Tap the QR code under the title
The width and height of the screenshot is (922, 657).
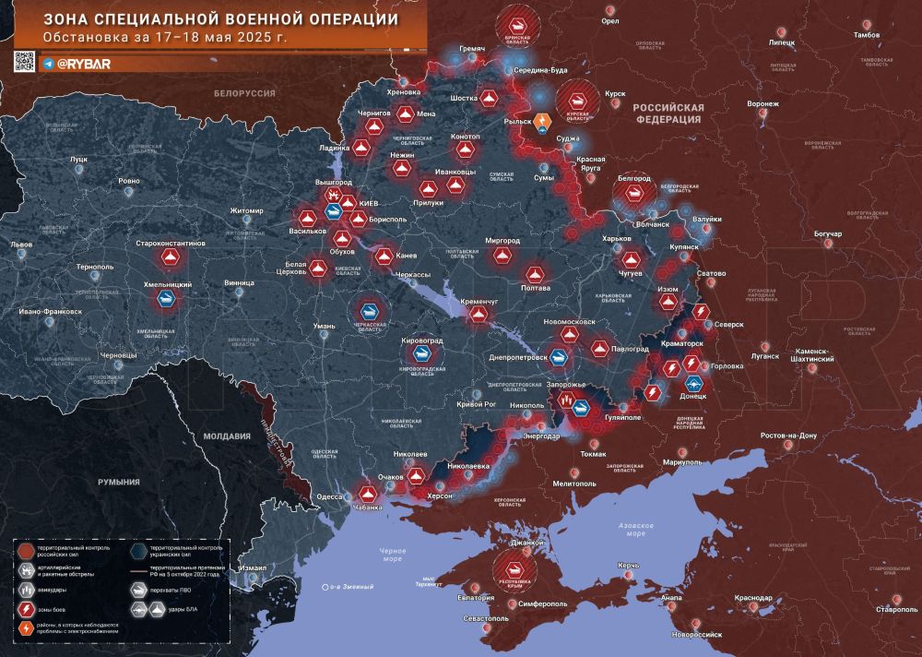(x=24, y=63)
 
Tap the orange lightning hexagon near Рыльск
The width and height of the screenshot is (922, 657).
(x=543, y=121)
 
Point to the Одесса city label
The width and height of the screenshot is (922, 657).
(x=329, y=496)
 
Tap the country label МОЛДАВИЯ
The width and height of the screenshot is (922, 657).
(x=227, y=436)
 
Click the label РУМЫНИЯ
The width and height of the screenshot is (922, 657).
(x=120, y=482)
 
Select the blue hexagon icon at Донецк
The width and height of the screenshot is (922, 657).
(x=692, y=384)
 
